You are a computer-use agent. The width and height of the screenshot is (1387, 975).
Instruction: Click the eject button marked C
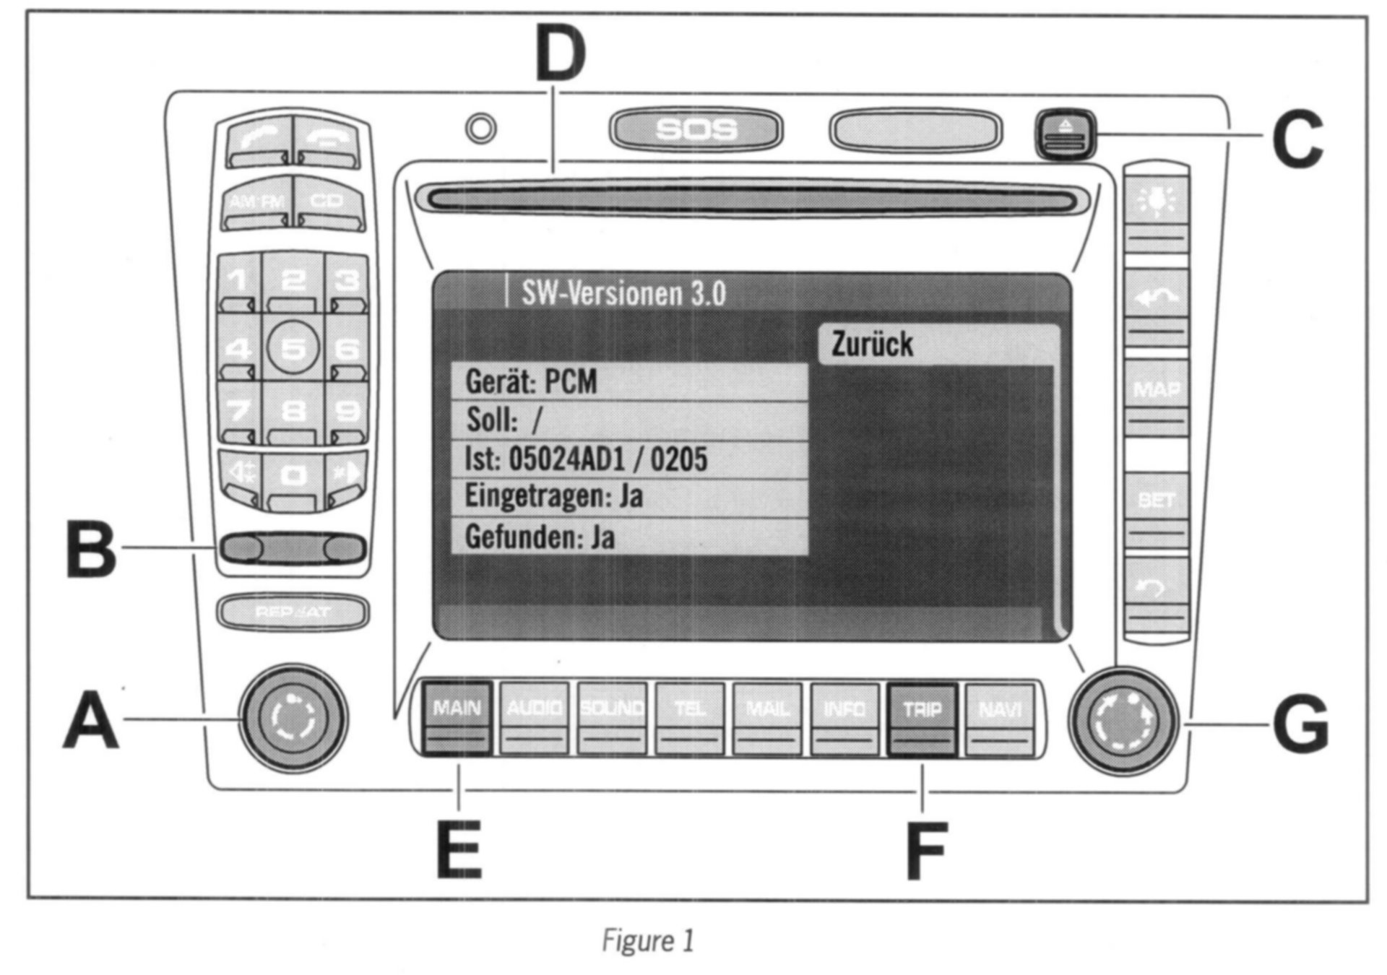pos(1066,134)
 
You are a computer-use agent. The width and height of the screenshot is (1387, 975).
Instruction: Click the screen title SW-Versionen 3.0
pos(623,293)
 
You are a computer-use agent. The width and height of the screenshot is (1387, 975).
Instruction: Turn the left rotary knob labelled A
pos(293,719)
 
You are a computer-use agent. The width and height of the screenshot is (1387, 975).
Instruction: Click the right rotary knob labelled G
pos(1123,721)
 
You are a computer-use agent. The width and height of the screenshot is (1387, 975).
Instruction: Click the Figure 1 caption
pos(648,940)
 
